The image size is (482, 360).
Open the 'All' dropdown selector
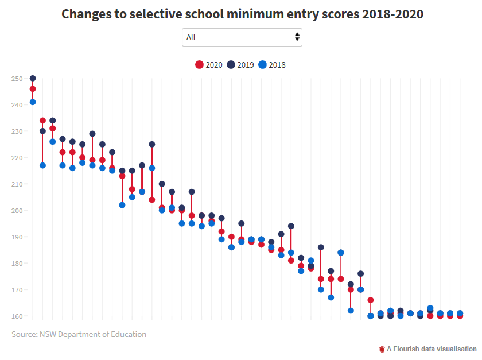(242, 37)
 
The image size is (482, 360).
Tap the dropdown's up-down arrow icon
(297, 37)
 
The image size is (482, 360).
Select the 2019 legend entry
(241, 65)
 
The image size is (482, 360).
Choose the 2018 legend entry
(272, 65)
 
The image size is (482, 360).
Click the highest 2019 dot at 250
(33, 79)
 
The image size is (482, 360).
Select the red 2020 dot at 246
(33, 89)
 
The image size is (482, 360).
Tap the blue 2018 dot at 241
(33, 102)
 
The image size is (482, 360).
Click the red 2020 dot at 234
(42, 121)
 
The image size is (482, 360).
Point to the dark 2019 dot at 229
(92, 134)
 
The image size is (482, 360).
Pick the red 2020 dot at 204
(152, 200)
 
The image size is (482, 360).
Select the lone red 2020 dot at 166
(371, 300)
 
